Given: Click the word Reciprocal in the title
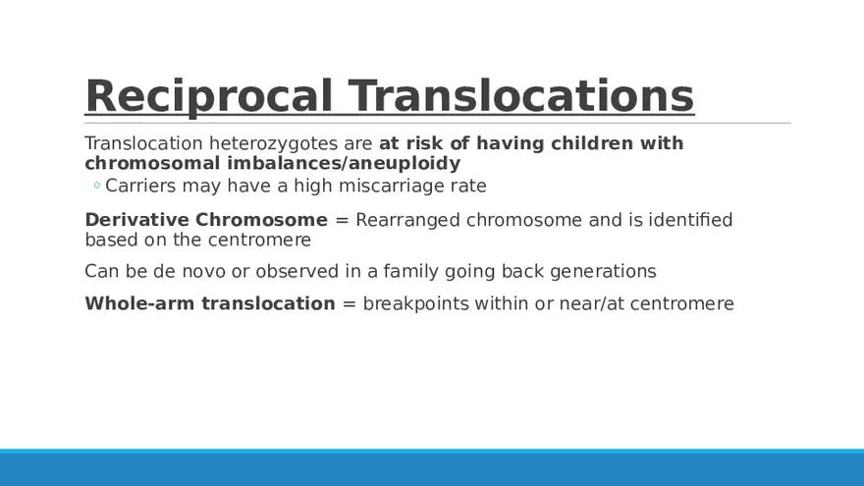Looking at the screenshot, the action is (209, 96).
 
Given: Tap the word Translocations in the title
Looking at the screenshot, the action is (521, 95).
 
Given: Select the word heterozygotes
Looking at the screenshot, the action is (273, 144).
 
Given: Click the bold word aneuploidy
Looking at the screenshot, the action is (405, 164).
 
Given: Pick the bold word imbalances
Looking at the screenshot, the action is (285, 163).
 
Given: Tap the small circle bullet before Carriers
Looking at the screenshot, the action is (97, 186).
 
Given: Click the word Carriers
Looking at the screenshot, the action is (140, 186).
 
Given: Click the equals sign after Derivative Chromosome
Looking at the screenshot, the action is (343, 220).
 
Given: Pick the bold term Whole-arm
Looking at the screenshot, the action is (140, 303).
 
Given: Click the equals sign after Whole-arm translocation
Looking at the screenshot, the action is (349, 304).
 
